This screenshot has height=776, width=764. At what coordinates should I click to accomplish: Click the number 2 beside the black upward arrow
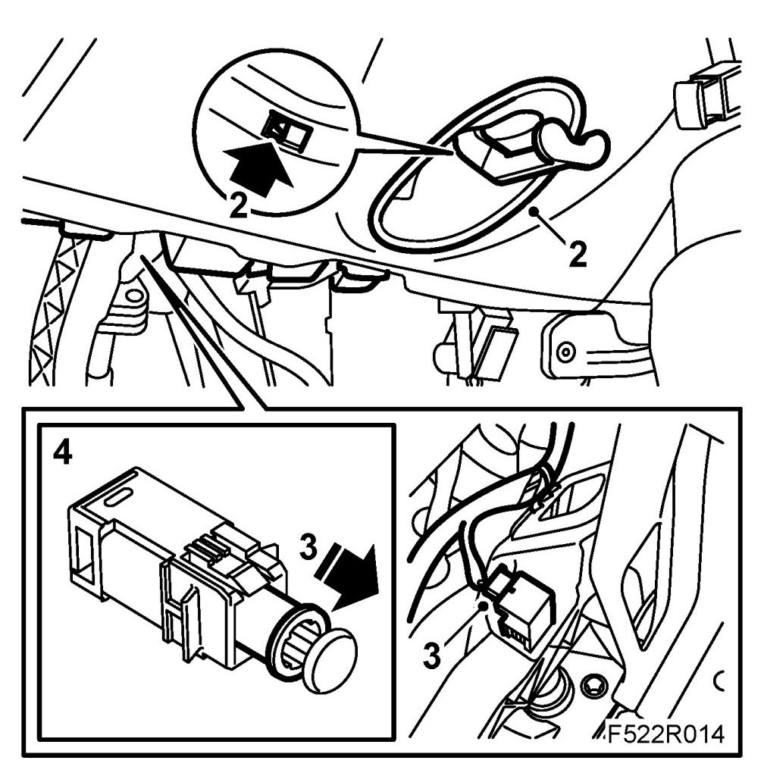(x=239, y=205)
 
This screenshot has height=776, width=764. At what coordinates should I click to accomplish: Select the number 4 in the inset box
(x=62, y=452)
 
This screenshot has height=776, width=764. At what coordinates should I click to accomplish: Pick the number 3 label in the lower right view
(x=432, y=655)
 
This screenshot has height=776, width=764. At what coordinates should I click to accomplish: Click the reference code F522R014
(x=665, y=734)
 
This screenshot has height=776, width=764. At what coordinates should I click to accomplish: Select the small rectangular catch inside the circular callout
(x=287, y=130)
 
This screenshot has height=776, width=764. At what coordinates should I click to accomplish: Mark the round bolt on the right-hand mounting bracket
(x=565, y=352)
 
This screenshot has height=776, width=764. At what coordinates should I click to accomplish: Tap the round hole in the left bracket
(x=133, y=297)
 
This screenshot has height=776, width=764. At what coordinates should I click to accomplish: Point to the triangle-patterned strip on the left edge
(x=55, y=307)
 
